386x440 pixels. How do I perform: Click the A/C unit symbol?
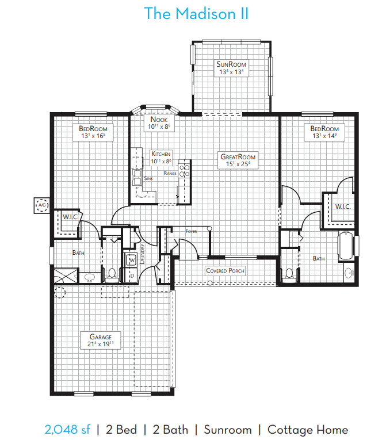click(42, 205)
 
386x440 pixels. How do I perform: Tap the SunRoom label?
click(231, 64)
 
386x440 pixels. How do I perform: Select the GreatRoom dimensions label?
click(238, 164)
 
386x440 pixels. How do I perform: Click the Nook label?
click(159, 120)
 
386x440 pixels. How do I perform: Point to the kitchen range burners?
click(185, 171)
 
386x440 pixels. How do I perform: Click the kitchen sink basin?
click(137, 177)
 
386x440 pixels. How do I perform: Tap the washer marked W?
click(131, 260)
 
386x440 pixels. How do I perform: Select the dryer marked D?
click(131, 276)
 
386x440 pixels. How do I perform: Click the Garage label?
click(101, 336)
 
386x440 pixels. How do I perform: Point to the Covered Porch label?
click(225, 270)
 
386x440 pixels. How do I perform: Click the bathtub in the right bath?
click(346, 246)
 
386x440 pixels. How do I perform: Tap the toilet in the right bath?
click(289, 276)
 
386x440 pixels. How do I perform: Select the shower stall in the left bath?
click(66, 276)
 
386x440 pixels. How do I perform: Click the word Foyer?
click(191, 231)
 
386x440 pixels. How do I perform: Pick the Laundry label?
click(142, 254)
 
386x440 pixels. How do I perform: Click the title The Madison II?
click(196, 13)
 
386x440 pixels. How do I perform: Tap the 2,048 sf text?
click(67, 430)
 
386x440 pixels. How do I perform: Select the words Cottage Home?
click(308, 430)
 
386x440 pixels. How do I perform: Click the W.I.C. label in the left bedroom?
click(70, 217)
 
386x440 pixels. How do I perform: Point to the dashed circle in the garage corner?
click(60, 292)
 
